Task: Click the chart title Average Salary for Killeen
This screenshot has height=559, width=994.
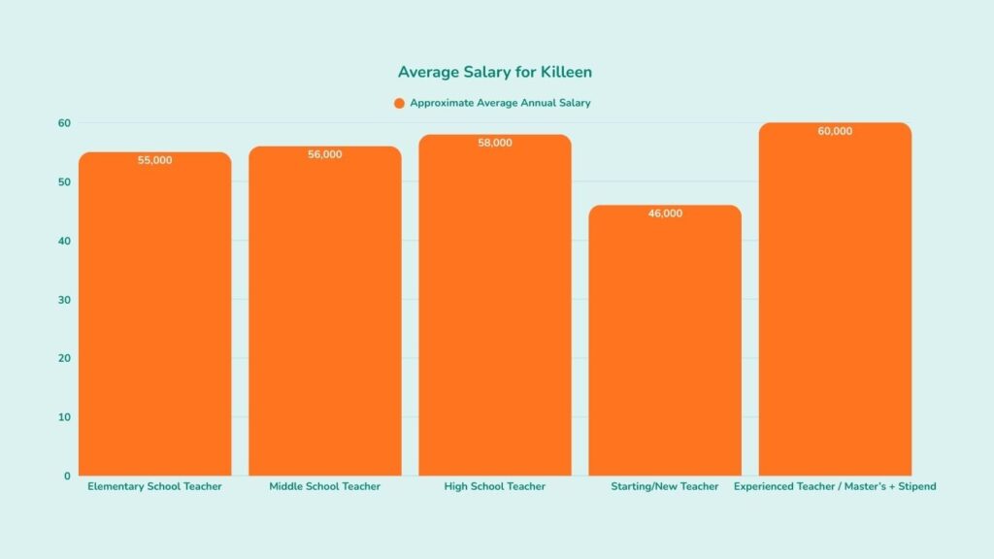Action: coord(495,73)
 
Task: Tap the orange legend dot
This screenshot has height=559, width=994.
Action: coord(399,103)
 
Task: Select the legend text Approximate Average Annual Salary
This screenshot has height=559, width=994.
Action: coord(500,103)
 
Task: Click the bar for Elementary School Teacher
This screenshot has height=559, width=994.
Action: coord(155,320)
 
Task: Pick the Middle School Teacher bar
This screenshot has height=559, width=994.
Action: coord(325,320)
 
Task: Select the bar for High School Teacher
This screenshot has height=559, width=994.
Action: coord(495,320)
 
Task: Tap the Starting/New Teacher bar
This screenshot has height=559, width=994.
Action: coord(665,349)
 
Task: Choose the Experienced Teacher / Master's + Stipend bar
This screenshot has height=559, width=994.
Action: coord(835,311)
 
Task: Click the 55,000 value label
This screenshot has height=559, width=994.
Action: coord(155,160)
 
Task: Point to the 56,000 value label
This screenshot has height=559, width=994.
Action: coord(325,154)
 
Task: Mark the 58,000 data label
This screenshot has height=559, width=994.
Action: coord(495,143)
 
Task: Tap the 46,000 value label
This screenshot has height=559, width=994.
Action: coord(665,214)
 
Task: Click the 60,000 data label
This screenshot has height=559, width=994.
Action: coord(835,131)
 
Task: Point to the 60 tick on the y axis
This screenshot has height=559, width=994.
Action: coord(64,123)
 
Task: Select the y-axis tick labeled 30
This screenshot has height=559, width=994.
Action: coord(64,300)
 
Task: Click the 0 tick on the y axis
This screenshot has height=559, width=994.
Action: coord(67,477)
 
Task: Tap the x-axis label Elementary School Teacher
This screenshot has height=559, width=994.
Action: coord(155,486)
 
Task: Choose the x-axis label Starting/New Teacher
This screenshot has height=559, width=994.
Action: coord(665,486)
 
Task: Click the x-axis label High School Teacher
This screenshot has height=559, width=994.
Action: coord(495,486)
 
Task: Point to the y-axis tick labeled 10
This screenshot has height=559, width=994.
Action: coord(64,417)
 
